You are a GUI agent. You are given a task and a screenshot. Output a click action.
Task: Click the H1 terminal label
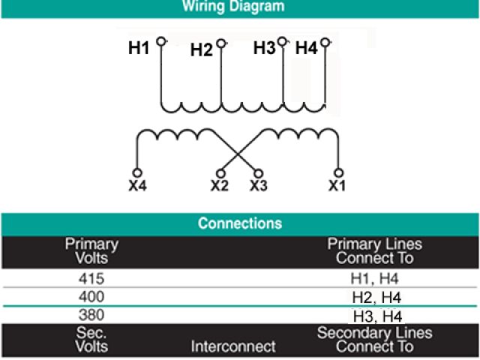(139, 49)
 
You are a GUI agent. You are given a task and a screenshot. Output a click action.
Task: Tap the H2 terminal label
(201, 50)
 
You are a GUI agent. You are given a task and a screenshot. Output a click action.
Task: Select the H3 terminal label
(264, 48)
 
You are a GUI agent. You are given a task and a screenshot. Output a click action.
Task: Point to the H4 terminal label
(306, 49)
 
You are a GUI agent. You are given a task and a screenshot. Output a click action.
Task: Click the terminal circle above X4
(136, 172)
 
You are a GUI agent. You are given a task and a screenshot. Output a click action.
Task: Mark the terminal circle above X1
(338, 172)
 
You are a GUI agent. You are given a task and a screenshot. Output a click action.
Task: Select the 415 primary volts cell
(91, 279)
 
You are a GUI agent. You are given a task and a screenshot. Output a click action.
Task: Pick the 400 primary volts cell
(91, 297)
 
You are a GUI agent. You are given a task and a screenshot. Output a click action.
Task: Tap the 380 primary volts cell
(91, 315)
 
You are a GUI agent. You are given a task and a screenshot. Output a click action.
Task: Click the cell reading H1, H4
(375, 279)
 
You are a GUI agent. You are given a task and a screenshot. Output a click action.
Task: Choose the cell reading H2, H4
(375, 297)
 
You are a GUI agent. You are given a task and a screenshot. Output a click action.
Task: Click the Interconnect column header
(233, 346)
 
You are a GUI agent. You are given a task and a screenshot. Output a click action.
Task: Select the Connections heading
(240, 223)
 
